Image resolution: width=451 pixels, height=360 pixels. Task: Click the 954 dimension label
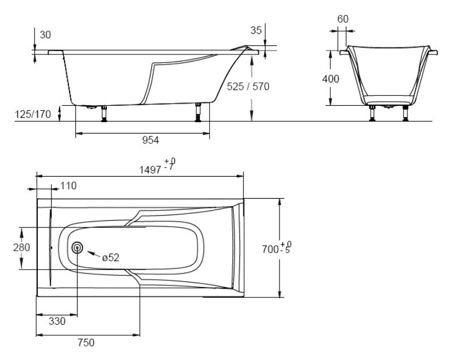151,140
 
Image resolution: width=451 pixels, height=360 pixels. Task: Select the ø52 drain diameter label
111,258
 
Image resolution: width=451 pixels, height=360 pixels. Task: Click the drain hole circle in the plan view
77,247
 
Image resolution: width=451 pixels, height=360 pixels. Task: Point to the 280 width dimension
22,247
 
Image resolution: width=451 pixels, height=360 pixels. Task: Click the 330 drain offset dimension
57,321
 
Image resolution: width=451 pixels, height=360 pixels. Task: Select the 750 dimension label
86,342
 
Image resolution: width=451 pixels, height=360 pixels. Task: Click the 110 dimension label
68,186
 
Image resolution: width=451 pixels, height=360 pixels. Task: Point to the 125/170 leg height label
33,114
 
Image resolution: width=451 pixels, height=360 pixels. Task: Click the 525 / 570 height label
248,87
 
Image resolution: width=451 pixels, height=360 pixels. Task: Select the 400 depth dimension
331,79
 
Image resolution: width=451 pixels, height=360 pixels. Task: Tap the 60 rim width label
343,19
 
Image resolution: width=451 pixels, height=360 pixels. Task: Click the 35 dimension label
256,30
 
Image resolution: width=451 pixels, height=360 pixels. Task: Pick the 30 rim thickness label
45,35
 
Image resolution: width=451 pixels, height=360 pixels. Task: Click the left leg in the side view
104,114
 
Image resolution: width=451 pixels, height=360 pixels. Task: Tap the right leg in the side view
198,113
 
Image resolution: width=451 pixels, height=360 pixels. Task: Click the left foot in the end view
372,113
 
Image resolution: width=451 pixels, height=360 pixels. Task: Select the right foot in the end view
406,113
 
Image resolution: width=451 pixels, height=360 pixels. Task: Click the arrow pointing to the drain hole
93,254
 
